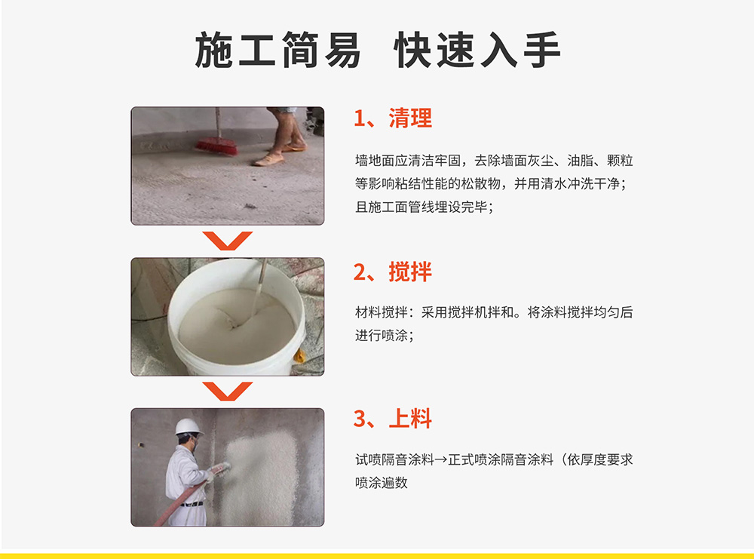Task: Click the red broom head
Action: (x=217, y=146)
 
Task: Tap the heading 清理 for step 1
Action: (x=410, y=118)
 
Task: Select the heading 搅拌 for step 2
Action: (x=410, y=272)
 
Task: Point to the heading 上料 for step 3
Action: (x=410, y=419)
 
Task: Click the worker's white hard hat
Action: (x=188, y=427)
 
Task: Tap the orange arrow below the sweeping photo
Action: (x=228, y=240)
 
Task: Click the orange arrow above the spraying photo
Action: (x=228, y=391)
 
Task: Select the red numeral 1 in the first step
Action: (x=359, y=118)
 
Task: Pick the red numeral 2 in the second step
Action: (x=360, y=272)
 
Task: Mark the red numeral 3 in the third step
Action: (x=360, y=419)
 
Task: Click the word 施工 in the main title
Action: (x=235, y=50)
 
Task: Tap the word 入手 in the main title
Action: (x=520, y=50)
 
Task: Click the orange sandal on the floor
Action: (x=269, y=160)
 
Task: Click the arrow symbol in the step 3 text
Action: (x=441, y=460)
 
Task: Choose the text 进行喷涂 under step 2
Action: (x=382, y=335)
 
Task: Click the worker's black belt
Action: (x=192, y=504)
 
